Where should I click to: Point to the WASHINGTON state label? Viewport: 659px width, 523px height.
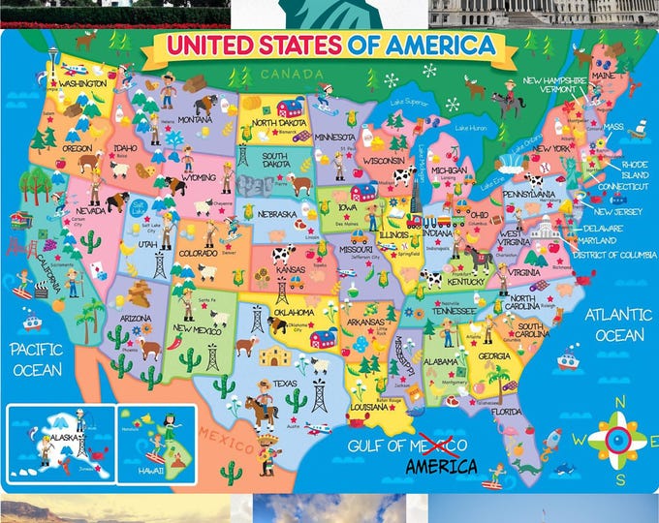[82, 84]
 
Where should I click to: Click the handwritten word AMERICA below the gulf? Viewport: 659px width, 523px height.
[440, 466]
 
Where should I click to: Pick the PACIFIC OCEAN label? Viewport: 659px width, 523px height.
[37, 358]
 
